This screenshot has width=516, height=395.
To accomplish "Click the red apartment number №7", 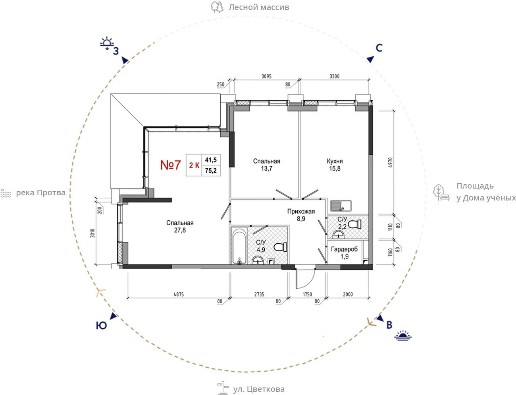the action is (x=170, y=165).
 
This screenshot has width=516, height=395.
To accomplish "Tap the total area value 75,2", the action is (x=211, y=170).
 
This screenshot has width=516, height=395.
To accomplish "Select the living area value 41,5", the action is (x=211, y=160).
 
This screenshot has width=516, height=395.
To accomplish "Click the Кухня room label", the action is (x=335, y=161).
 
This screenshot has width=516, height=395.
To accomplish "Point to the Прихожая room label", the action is (x=301, y=212).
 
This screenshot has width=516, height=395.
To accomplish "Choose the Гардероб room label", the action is (x=345, y=249).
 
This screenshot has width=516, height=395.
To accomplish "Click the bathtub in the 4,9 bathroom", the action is (x=239, y=246).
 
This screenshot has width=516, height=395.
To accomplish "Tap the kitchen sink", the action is (x=341, y=206).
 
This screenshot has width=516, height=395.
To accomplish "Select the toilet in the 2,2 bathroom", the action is (x=355, y=224).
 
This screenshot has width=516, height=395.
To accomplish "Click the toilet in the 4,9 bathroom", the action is (x=281, y=247).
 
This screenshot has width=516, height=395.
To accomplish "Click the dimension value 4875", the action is (x=179, y=295).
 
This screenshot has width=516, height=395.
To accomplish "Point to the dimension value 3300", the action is (x=334, y=76).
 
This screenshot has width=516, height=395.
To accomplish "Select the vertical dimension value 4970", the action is (x=391, y=162).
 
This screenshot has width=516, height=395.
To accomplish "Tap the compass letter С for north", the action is (x=379, y=48).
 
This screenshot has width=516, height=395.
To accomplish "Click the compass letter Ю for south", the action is (x=102, y=326).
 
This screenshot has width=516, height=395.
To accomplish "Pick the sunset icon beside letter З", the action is (x=107, y=43).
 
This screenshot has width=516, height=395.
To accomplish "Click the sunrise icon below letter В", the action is (x=403, y=335).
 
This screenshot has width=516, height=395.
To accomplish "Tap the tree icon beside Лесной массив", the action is (x=217, y=7).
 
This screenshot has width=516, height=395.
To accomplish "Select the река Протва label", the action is (x=40, y=193).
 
